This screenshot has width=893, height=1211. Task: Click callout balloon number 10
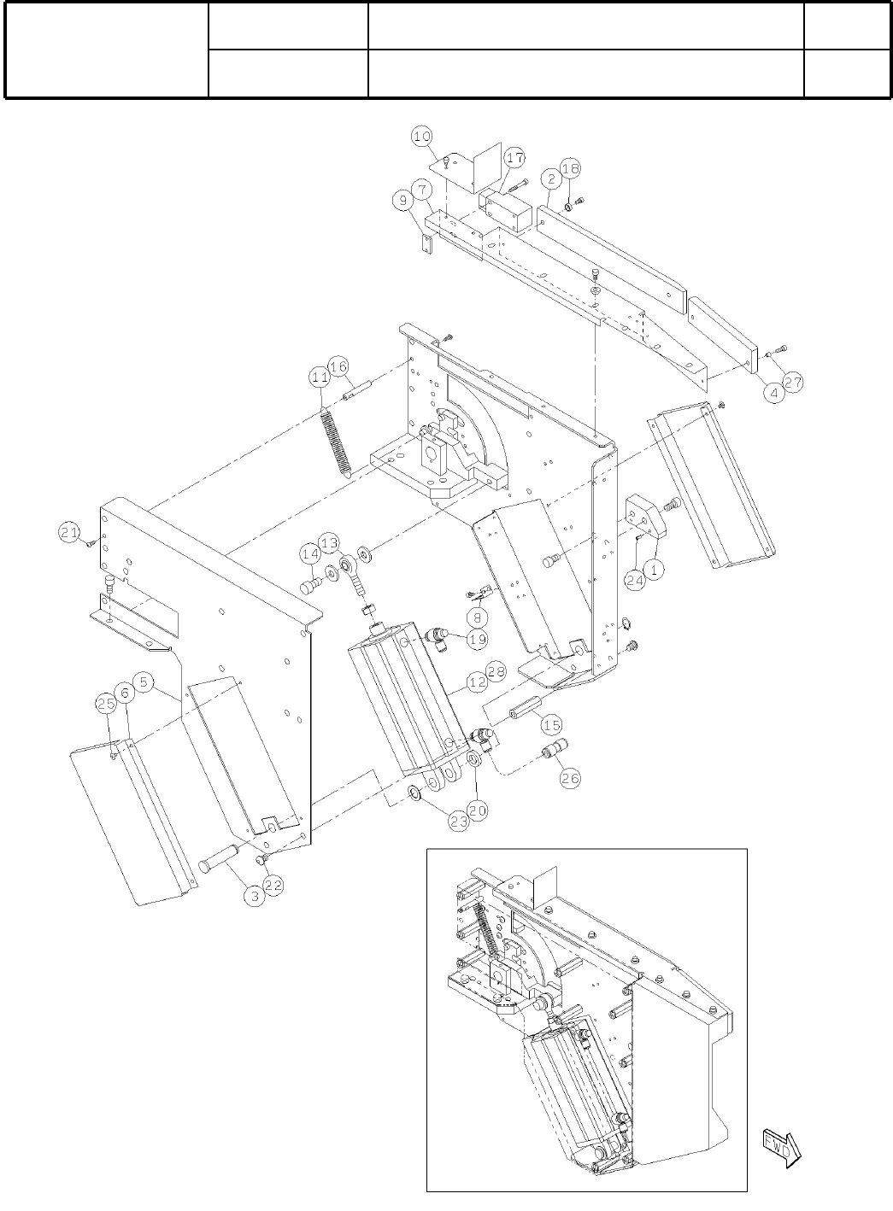click(422, 136)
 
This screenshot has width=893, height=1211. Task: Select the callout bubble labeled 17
click(514, 158)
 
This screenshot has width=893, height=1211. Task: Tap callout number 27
click(793, 383)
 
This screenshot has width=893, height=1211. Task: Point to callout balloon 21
click(69, 533)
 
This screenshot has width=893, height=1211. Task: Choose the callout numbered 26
click(570, 777)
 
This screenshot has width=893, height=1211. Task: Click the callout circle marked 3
click(254, 896)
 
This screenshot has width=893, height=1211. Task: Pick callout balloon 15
click(552, 724)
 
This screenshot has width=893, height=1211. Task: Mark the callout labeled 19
click(477, 638)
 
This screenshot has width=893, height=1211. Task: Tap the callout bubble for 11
click(320, 377)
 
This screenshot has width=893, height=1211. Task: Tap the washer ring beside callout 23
click(414, 793)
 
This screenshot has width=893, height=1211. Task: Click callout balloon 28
click(496, 671)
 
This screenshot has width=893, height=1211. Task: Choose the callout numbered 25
click(106, 704)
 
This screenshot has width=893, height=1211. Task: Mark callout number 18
click(571, 169)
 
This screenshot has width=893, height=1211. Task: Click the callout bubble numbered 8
click(477, 616)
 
